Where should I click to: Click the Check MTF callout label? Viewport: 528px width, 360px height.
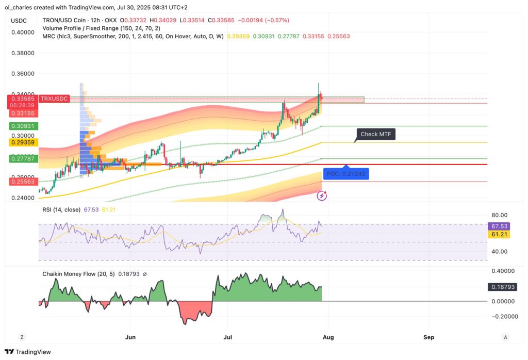click(x=375, y=134)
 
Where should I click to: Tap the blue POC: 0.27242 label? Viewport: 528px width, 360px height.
click(x=346, y=174)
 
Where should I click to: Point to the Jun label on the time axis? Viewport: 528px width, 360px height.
click(x=130, y=337)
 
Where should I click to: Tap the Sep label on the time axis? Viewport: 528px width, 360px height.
click(x=429, y=337)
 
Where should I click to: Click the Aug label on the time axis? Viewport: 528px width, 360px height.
click(x=328, y=337)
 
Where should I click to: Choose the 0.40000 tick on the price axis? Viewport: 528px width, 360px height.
click(x=23, y=32)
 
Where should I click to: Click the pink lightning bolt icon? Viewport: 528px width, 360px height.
click(x=323, y=195)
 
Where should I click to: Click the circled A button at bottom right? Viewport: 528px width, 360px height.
click(x=506, y=337)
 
